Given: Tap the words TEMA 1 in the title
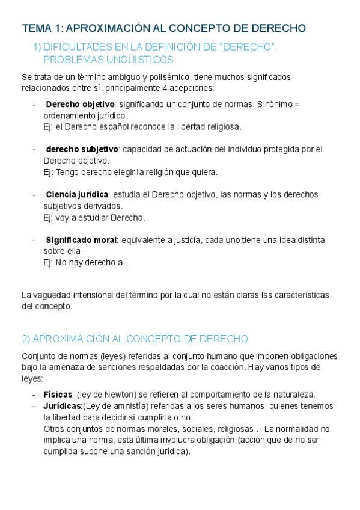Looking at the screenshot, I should click(x=40, y=28).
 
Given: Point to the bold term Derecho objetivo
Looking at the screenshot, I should click(x=80, y=105).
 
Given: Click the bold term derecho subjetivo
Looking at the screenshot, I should click(x=82, y=149).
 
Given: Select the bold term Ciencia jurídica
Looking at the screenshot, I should click(x=77, y=194).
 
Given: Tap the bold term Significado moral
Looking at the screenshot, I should click(x=81, y=239).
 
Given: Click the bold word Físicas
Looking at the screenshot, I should click(x=58, y=395).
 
